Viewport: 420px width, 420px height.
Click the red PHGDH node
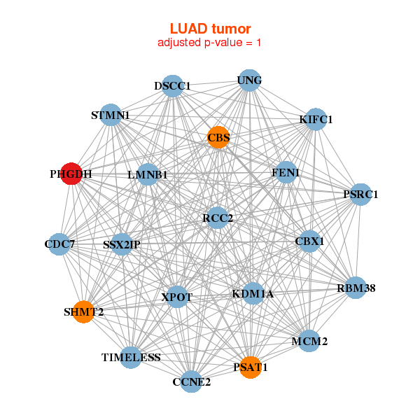(71, 174)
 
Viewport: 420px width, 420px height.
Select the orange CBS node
(218, 137)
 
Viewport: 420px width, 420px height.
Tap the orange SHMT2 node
(83, 311)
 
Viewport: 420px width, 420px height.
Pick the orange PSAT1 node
(250, 366)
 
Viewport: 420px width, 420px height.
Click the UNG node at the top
(249, 80)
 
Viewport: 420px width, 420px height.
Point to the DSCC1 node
(172, 86)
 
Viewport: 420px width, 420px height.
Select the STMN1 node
(111, 114)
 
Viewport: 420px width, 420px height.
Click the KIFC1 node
(316, 119)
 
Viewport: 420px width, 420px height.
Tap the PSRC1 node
(360, 194)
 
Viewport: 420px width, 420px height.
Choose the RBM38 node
(356, 287)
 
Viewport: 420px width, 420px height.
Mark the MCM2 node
(309, 342)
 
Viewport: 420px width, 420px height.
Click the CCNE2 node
(191, 381)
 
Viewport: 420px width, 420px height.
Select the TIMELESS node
(131, 357)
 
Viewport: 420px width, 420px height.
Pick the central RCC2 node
(218, 218)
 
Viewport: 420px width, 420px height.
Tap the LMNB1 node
(147, 174)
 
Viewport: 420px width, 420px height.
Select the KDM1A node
(253, 294)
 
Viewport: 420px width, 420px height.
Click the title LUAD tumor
(210, 29)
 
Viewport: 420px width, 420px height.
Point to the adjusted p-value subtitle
(210, 43)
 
